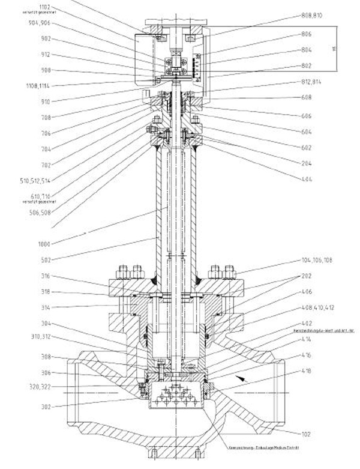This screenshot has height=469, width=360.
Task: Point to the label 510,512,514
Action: coord(35,180)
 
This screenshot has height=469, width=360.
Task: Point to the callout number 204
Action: coord(306,163)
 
